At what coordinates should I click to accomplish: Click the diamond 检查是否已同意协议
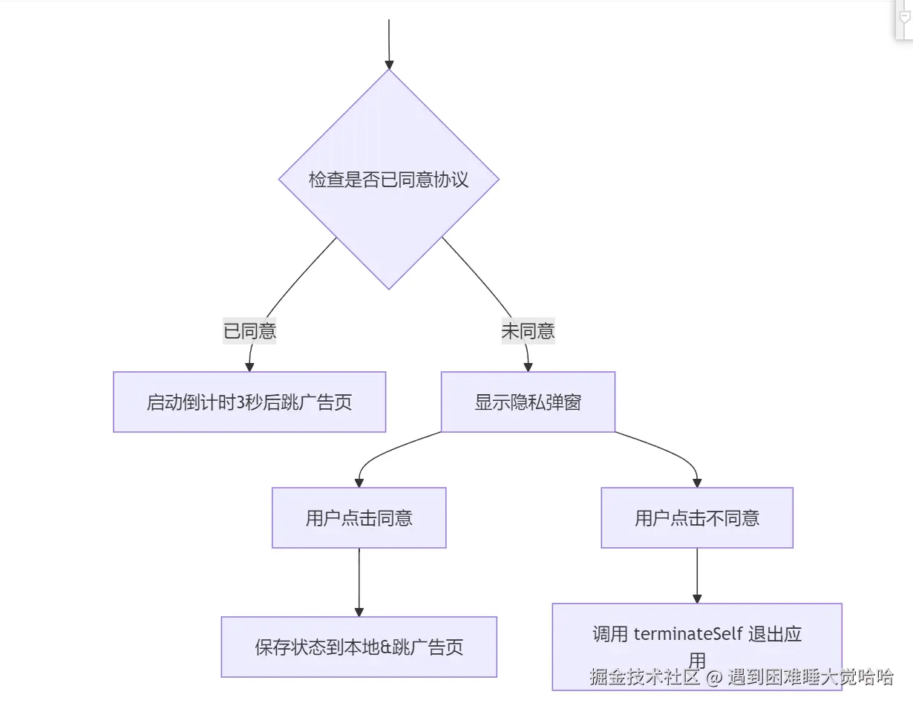[388, 180]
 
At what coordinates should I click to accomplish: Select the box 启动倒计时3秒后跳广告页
[249, 402]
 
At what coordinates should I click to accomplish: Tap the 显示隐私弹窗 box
[528, 402]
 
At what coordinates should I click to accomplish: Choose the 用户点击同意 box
[359, 518]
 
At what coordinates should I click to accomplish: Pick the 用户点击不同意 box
[697, 518]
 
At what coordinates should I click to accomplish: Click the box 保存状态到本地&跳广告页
[359, 647]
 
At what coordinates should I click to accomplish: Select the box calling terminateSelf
[697, 647]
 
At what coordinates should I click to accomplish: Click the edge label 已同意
[250, 330]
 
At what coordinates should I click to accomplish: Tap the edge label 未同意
[528, 330]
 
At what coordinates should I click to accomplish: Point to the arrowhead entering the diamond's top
[388, 65]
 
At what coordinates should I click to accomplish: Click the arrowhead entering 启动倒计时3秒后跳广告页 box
[249, 366]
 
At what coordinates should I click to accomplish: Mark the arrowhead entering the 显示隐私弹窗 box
[528, 366]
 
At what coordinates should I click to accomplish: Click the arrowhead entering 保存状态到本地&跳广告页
[359, 611]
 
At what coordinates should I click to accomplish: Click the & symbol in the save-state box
[386, 647]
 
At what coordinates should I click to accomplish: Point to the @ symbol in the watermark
[713, 677]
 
